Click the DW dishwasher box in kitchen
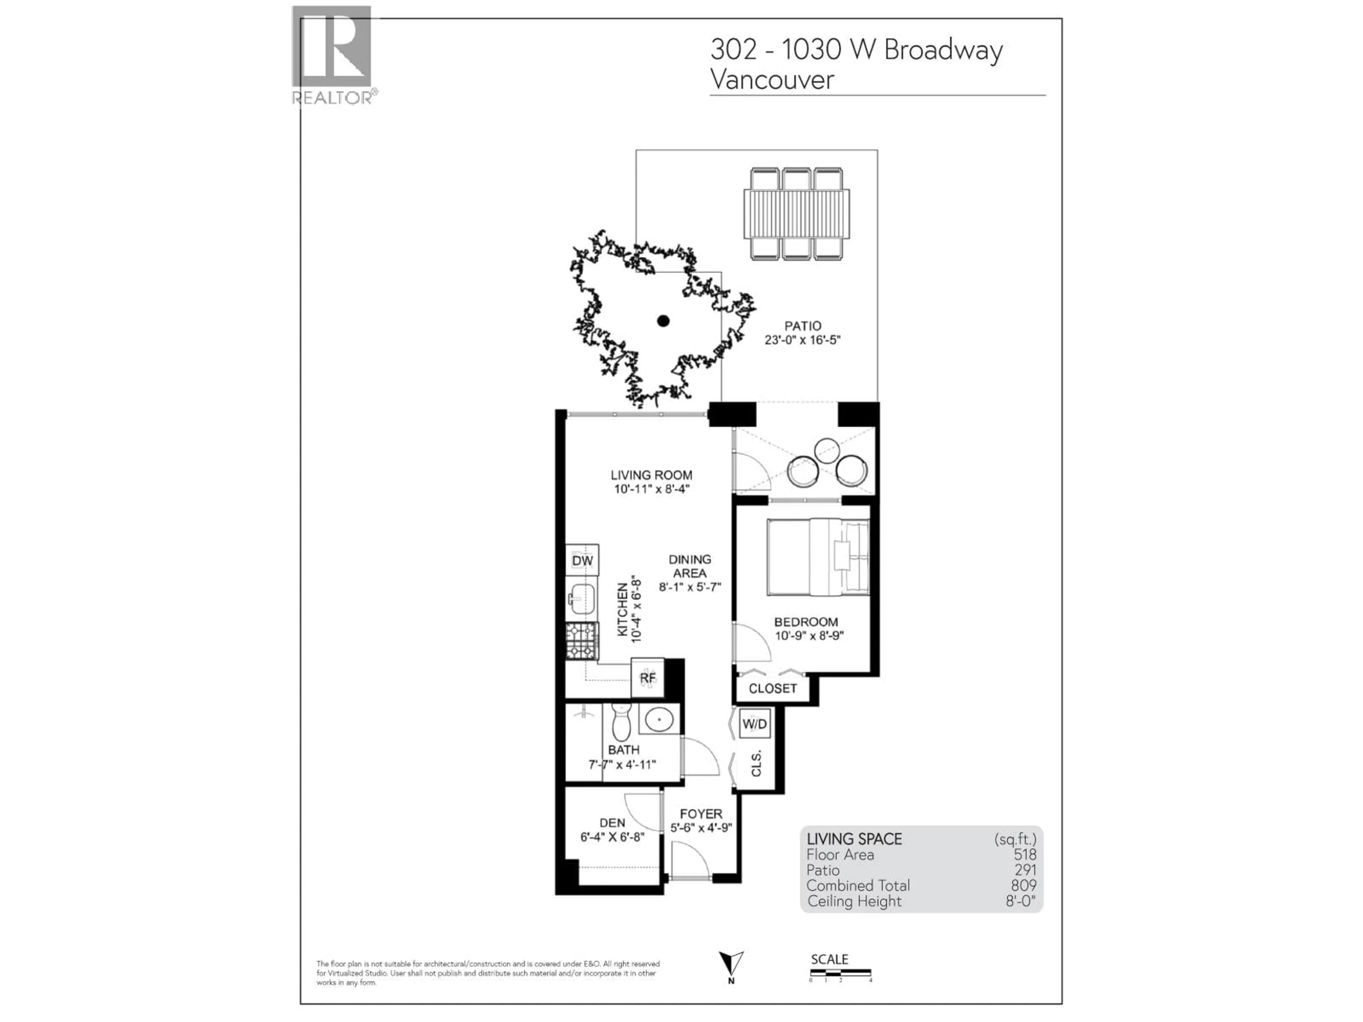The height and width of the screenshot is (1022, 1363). [x=582, y=560]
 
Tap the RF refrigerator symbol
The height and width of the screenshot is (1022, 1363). [x=647, y=678]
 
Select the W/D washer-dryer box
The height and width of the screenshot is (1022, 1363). [x=754, y=723]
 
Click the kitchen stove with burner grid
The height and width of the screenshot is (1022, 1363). [x=582, y=641]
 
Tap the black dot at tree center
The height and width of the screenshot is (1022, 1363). [x=663, y=321]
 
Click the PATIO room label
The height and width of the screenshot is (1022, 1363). [x=802, y=326]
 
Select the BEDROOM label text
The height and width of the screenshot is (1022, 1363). [x=806, y=622]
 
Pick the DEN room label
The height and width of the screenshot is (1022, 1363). [x=612, y=823]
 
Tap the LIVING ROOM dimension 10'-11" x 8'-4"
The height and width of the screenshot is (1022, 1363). [x=651, y=489]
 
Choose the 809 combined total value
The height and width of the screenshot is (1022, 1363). [x=1023, y=885]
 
